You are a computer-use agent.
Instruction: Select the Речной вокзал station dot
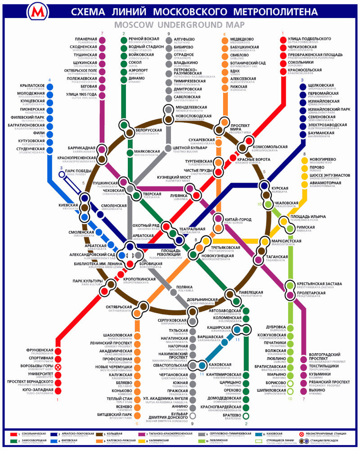pyautogui.click(x=124, y=40)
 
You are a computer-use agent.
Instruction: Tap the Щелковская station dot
pyautogui.click(x=303, y=85)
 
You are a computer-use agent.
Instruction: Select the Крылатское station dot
pyautogui.click(x=50, y=86)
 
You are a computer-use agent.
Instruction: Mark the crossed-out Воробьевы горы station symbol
pyautogui.click(x=58, y=367)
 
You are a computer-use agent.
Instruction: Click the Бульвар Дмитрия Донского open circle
pyautogui.click(x=193, y=416)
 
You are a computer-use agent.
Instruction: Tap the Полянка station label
pyautogui.click(x=184, y=287)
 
